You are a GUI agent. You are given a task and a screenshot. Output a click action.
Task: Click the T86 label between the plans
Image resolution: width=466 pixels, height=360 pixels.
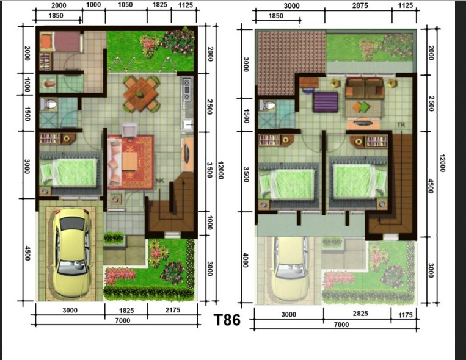pos(227,320)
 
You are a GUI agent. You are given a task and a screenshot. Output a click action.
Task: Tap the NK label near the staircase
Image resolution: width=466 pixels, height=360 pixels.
pos(160,180)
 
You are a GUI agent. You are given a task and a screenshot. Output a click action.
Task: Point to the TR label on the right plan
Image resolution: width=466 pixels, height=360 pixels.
pos(401,124)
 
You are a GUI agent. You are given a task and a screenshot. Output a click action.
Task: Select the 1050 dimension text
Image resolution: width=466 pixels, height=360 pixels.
pos(125,5)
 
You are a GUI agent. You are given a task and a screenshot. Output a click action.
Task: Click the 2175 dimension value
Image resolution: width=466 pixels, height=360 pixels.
pos(173,310)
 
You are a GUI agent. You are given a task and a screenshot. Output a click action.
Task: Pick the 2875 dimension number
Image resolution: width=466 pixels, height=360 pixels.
pos(360,5)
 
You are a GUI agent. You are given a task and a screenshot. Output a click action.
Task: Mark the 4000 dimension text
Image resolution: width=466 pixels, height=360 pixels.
pos(246,260)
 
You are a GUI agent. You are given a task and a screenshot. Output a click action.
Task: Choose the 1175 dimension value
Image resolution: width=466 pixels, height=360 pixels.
pos(406,315)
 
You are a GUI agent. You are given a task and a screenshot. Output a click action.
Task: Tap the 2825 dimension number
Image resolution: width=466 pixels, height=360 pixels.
pos(360,314)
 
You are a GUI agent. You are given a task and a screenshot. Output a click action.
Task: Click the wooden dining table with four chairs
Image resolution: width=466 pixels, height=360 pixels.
pos(142,94)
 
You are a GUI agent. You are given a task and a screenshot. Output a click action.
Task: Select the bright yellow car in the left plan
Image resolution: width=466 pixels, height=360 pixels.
pos(71,253)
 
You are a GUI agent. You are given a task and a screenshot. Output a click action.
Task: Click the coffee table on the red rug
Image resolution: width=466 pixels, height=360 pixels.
pos(130,161)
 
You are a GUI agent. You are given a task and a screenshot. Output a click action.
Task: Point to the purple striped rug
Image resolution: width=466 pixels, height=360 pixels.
pos(326,102)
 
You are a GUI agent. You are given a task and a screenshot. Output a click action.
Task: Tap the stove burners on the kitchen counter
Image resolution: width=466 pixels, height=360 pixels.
pos(187,89)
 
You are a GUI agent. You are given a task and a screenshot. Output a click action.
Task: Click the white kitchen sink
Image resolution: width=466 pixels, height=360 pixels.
pos(187,124)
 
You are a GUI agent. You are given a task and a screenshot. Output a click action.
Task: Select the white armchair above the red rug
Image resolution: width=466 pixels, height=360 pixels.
pos(129,130)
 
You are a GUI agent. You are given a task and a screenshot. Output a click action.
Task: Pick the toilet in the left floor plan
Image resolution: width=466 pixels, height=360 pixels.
pos(48,104)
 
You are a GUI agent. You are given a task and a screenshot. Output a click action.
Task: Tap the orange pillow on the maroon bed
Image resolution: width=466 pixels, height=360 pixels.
pos(46,41)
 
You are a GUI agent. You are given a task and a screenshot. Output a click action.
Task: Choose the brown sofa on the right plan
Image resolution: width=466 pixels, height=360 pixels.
pos(365,88)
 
